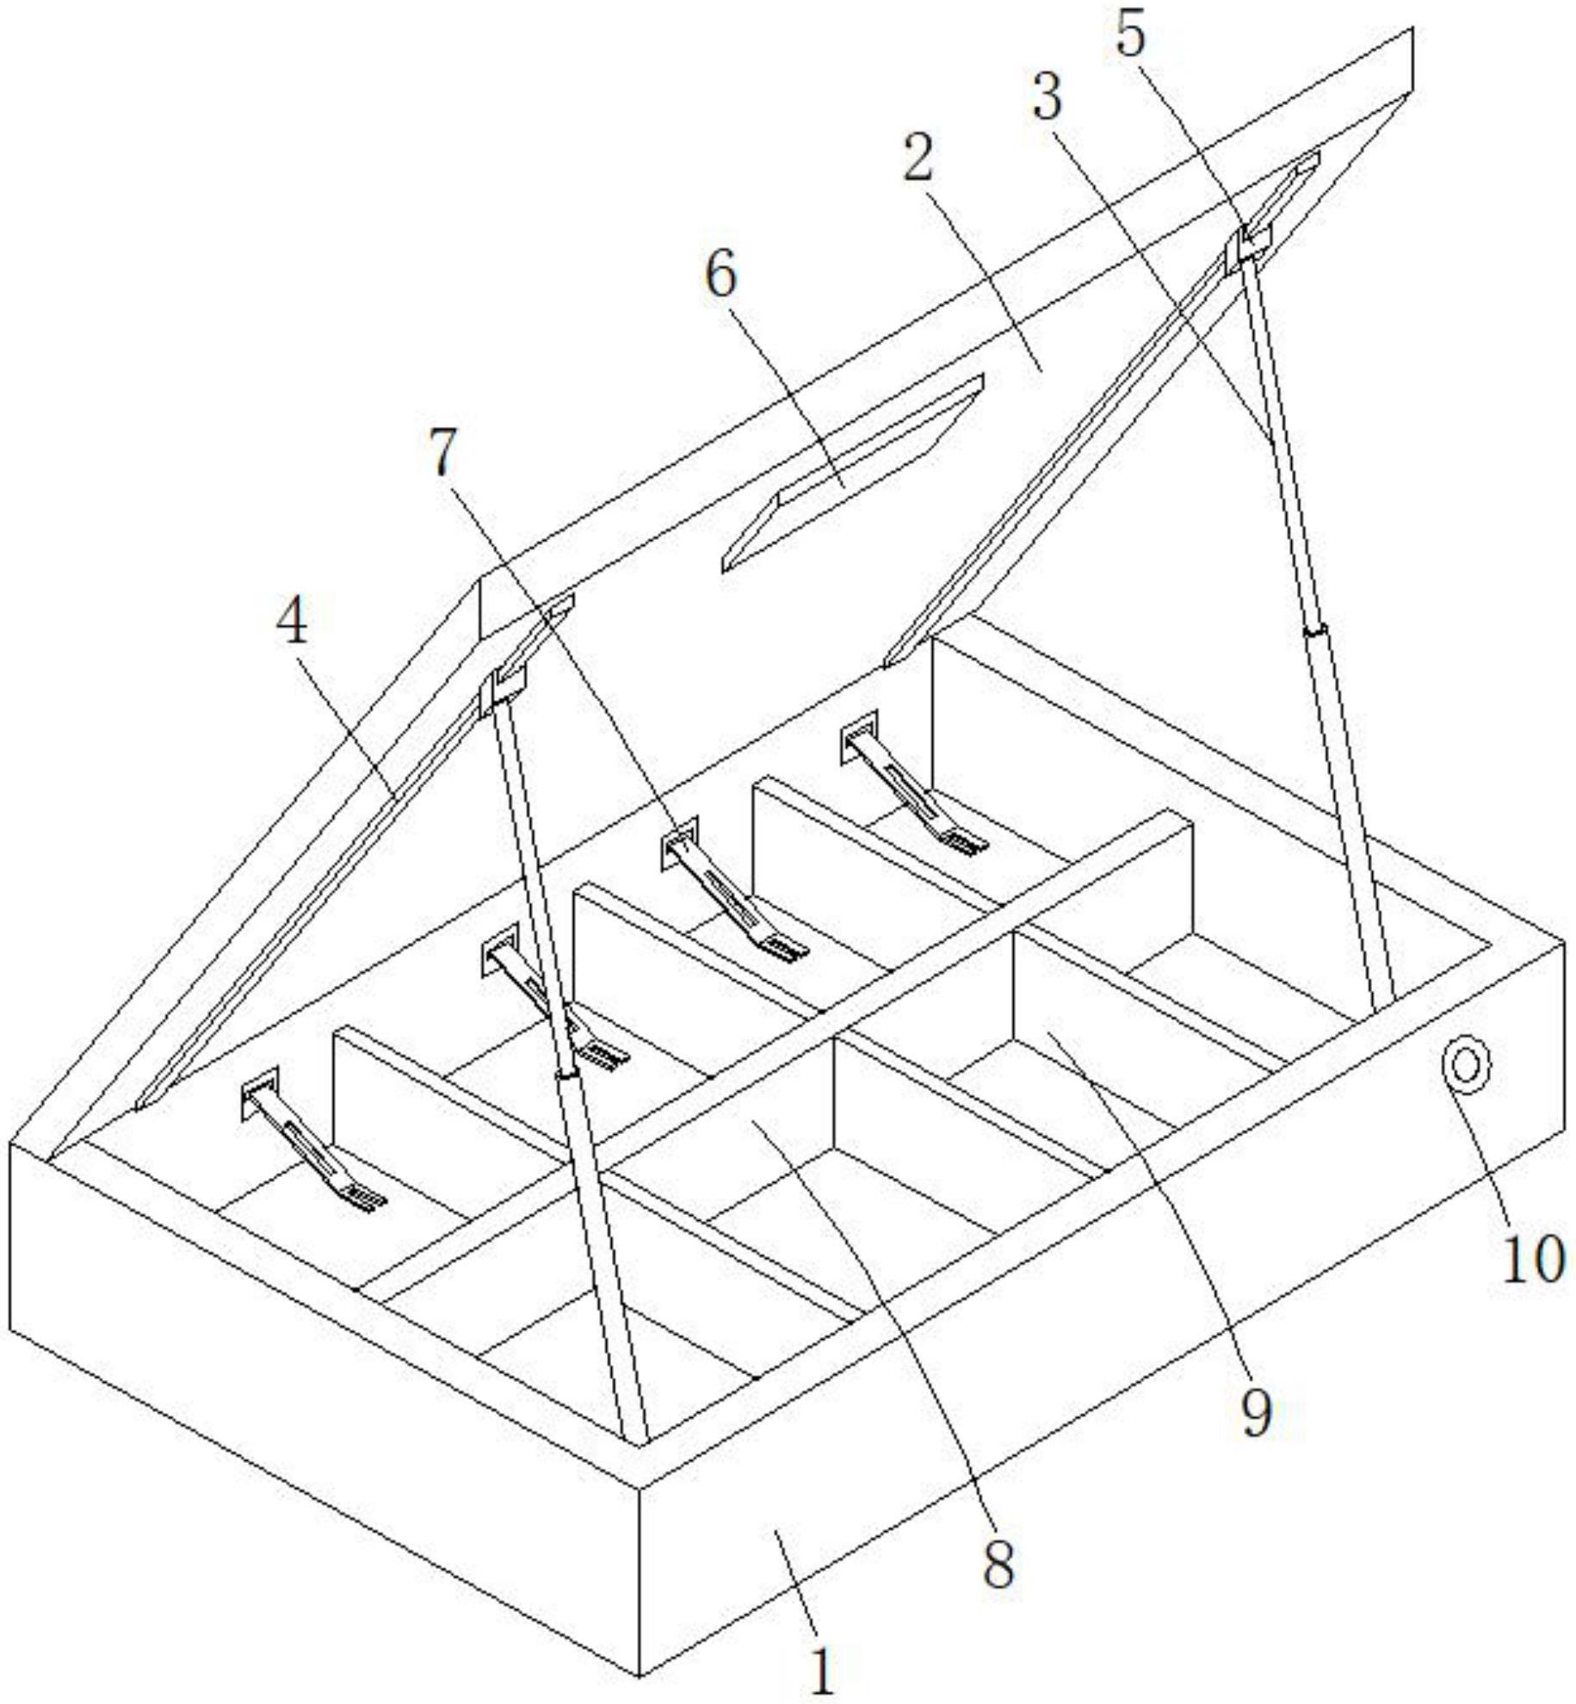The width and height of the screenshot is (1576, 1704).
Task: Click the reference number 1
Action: [823, 1671]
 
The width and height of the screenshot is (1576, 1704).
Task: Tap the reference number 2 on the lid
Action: [918, 154]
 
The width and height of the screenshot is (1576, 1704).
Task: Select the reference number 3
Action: [1047, 96]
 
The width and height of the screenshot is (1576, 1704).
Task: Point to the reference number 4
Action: [293, 621]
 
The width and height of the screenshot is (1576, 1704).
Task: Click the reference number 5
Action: [1131, 35]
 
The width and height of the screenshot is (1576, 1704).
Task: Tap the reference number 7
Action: [442, 452]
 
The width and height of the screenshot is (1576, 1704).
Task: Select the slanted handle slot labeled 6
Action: [852, 473]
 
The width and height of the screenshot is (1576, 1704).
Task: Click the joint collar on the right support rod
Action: [1313, 631]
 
